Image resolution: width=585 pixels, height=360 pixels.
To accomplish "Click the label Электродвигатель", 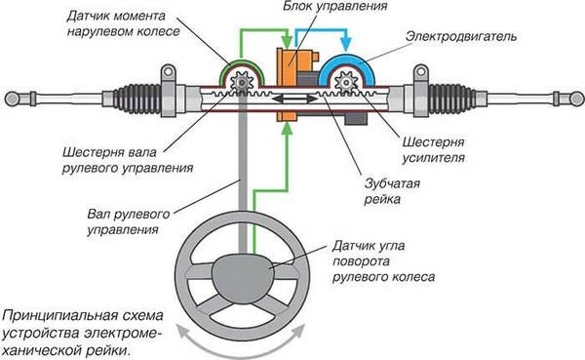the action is click(x=461, y=37).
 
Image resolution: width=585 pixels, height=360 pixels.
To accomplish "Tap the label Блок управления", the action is click(x=334, y=6).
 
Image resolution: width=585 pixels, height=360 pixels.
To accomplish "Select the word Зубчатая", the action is click(x=392, y=183).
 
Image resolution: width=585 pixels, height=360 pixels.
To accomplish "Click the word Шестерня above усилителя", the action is click(x=433, y=141).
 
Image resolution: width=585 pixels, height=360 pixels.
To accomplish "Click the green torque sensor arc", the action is click(x=241, y=62).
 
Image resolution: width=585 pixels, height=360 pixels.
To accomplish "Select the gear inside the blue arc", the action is click(x=346, y=83).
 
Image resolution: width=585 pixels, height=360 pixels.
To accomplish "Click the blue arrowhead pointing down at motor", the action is click(x=346, y=44).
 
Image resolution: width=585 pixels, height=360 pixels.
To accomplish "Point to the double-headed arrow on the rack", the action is click(x=294, y=99).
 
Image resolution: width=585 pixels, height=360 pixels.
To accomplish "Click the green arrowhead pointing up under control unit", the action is click(x=286, y=129).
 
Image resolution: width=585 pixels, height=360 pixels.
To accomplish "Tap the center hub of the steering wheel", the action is click(x=243, y=277).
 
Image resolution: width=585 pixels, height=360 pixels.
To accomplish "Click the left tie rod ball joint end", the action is click(x=12, y=99).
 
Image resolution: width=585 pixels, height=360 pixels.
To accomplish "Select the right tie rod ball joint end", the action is click(x=577, y=99).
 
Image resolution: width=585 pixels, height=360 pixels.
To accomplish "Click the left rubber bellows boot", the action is click(x=137, y=99).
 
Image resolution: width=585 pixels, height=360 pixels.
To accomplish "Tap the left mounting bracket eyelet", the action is click(x=169, y=71).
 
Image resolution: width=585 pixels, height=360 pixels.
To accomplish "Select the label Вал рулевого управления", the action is click(x=129, y=221).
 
